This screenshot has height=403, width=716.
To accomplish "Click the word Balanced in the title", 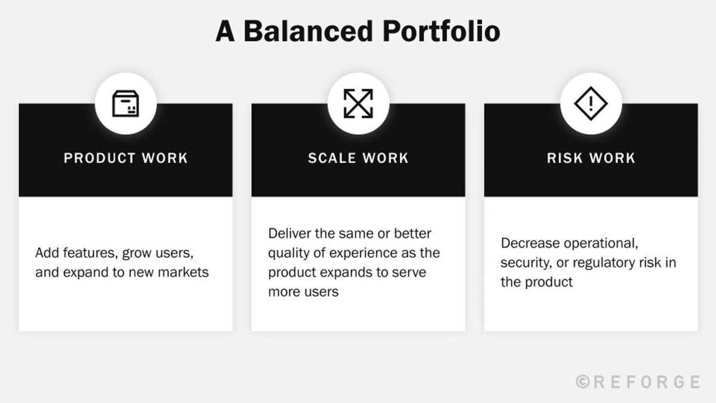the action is [308, 31].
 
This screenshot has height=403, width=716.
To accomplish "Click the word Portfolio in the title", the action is [442, 31].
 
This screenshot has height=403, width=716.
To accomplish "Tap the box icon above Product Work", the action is [126, 104].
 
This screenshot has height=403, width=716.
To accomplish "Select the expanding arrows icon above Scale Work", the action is [359, 104].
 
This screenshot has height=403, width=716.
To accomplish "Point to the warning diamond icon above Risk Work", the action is [591, 104].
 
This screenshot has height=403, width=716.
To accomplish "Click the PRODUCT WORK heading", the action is [126, 158].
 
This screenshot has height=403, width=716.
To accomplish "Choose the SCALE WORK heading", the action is [359, 158].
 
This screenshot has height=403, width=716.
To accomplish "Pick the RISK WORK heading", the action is [591, 158].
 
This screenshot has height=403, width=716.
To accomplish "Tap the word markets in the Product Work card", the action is [183, 272].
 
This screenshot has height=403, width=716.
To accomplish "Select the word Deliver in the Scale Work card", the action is [289, 233].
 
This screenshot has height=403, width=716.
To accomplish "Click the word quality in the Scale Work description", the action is [289, 253].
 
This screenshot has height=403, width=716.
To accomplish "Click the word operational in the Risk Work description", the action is [601, 244].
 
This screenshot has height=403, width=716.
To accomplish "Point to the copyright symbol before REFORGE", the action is [583, 382].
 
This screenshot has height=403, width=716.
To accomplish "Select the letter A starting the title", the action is [225, 31].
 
